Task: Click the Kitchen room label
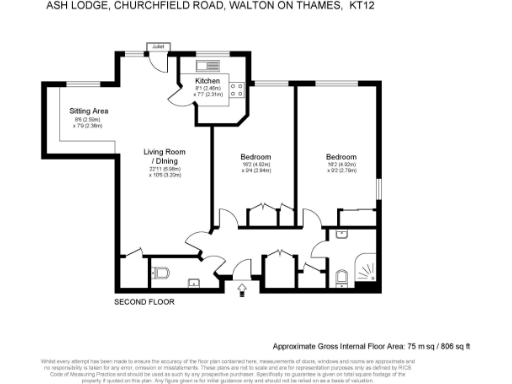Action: [207, 79]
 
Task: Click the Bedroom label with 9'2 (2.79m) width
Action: [341, 157]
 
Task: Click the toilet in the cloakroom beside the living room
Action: [161, 270]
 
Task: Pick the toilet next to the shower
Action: [340, 275]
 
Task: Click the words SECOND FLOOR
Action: [144, 301]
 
